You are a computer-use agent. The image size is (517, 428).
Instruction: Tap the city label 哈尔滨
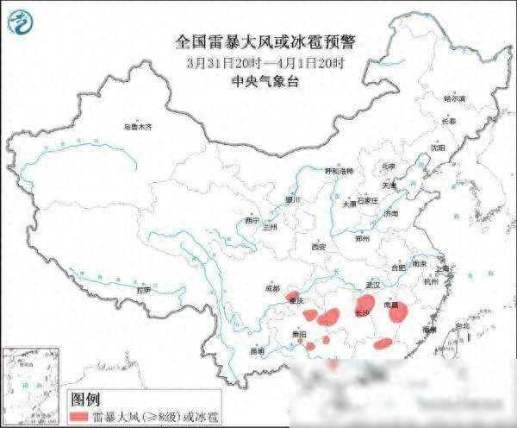coord(454,99)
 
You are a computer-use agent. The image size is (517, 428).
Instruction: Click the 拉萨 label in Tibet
coord(142,290)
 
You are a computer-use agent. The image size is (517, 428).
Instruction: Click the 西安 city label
coord(320,248)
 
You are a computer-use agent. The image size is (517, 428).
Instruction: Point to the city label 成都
coord(273,288)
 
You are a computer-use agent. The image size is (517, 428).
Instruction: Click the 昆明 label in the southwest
coord(258,351)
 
